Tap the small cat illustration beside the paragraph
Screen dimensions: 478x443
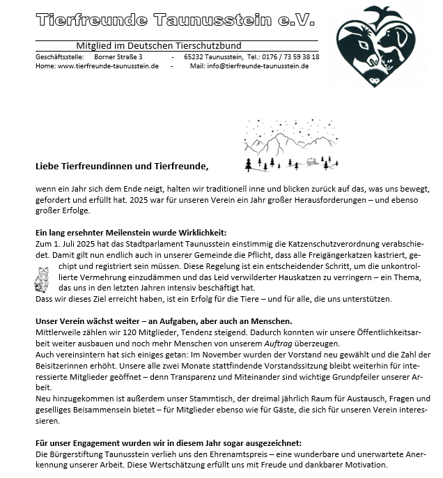[x=41, y=279]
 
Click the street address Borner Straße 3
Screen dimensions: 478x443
[x=118, y=56]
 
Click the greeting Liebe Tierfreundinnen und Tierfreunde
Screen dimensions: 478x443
[x=122, y=167]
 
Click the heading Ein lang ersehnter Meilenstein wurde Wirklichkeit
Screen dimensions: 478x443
[x=131, y=233]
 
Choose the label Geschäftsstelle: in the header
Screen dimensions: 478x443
[x=59, y=56]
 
